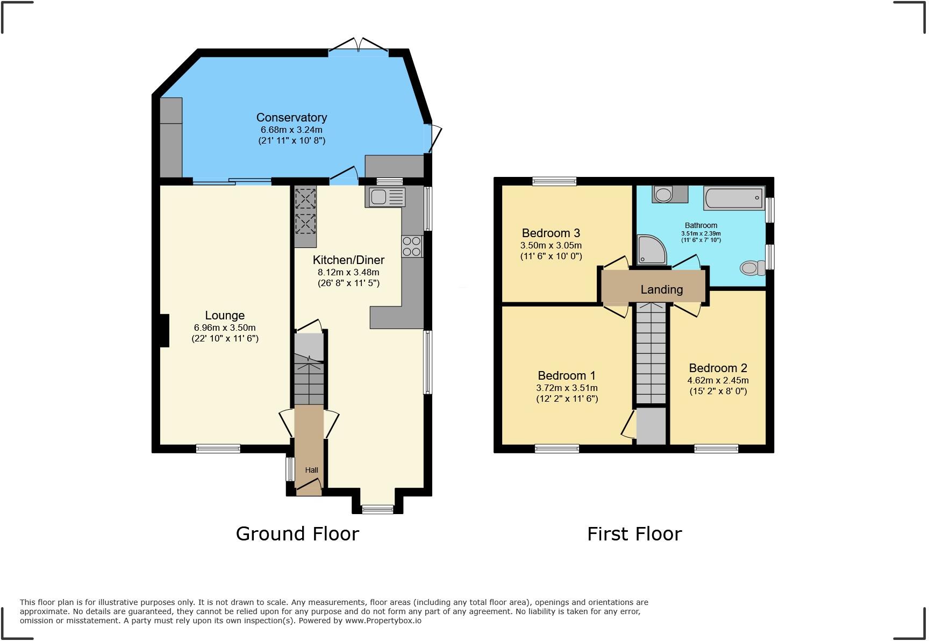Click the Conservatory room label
(291, 117)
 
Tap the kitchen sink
(386, 197)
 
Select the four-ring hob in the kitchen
(412, 246)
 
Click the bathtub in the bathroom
(733, 198)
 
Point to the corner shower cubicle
(651, 250)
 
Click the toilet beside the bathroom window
(752, 267)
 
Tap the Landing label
(661, 289)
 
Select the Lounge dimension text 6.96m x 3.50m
(225, 327)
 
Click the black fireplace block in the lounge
(165, 330)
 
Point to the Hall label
(311, 470)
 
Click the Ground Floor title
(297, 533)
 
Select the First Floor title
(634, 533)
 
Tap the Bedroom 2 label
(718, 368)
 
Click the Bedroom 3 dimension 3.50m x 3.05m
(551, 245)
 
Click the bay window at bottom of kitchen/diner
(377, 509)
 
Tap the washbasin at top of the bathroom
(664, 194)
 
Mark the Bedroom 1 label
(567, 375)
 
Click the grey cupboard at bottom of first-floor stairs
(651, 426)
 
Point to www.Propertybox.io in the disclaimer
(383, 621)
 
